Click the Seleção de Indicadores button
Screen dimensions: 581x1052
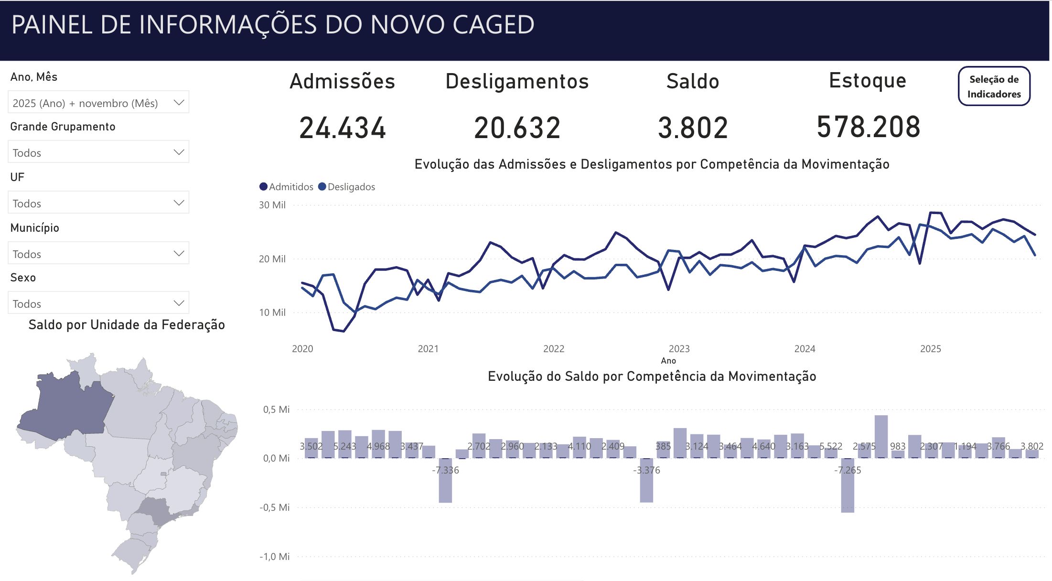(x=994, y=86)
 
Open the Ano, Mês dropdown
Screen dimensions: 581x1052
(x=98, y=103)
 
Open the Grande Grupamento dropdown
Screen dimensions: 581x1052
(x=98, y=152)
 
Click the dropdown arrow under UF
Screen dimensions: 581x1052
(x=179, y=203)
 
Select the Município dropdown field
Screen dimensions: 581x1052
(x=98, y=254)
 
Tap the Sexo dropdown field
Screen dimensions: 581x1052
(x=98, y=303)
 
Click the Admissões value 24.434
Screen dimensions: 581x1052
(x=343, y=128)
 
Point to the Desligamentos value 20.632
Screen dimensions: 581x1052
(x=517, y=128)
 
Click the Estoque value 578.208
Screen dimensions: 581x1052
(x=868, y=127)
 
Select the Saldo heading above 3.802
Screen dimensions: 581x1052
(x=692, y=81)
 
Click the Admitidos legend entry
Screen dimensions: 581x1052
(x=286, y=187)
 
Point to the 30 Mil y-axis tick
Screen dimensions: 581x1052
(x=272, y=205)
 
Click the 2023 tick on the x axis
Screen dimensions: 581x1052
(x=679, y=349)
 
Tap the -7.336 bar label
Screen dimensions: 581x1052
(x=445, y=470)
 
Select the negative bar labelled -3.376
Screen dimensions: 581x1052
(x=646, y=487)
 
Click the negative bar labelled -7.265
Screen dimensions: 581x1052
(x=848, y=492)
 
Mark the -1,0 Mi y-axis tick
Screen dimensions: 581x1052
(x=275, y=557)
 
